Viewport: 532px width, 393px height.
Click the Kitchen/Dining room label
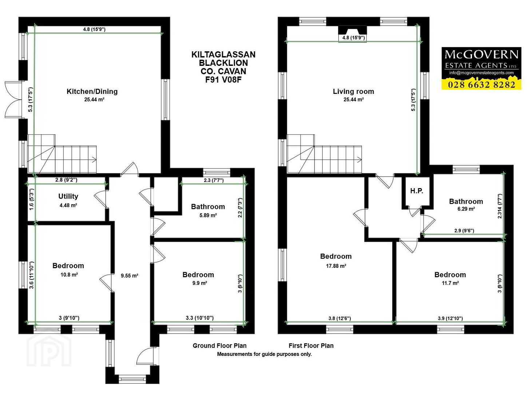point(92,91)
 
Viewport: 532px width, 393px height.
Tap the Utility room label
point(68,196)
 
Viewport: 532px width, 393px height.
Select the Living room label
point(353,91)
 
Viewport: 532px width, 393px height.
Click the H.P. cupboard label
point(417,191)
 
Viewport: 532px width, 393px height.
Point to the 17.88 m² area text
point(336,266)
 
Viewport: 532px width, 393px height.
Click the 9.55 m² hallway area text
point(130,276)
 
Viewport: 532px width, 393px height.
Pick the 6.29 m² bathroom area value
point(466,209)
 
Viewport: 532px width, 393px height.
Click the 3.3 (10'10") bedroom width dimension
point(199,318)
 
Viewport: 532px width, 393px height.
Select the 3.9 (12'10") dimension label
point(450,318)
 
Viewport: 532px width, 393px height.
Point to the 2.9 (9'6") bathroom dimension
point(464,231)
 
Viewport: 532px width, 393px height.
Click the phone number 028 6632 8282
point(481,84)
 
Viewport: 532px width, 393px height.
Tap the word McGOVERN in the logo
point(481,55)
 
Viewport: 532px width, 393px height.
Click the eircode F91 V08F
point(223,80)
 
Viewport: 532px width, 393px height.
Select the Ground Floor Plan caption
point(219,346)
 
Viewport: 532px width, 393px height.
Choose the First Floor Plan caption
point(311,346)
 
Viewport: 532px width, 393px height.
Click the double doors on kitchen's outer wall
point(13,100)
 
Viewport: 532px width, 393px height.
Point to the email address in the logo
point(481,73)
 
